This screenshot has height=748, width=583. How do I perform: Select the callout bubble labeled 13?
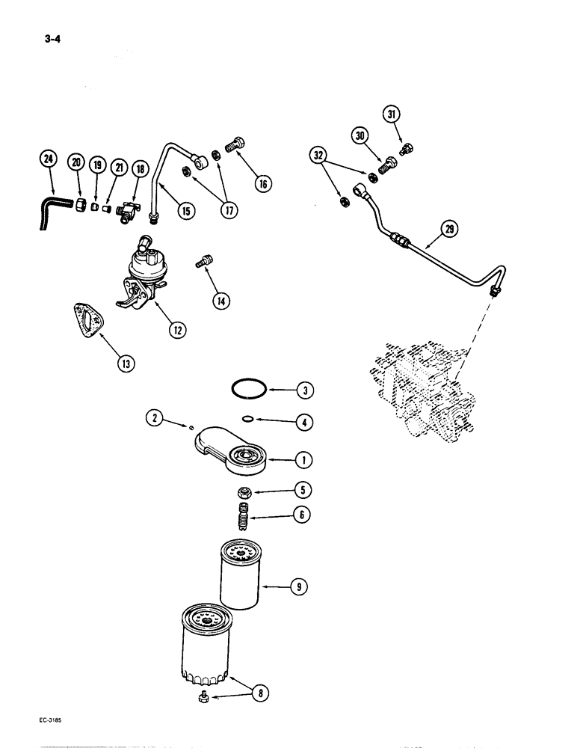(x=126, y=364)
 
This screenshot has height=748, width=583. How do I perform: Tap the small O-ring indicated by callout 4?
(x=252, y=420)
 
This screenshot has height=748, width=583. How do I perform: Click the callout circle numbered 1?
(x=303, y=459)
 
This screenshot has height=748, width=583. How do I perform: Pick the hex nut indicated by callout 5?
(x=243, y=492)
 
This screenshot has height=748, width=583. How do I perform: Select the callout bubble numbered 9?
(x=298, y=588)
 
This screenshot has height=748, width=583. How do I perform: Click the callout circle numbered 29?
(x=448, y=230)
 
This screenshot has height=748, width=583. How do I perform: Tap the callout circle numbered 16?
(x=262, y=183)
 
